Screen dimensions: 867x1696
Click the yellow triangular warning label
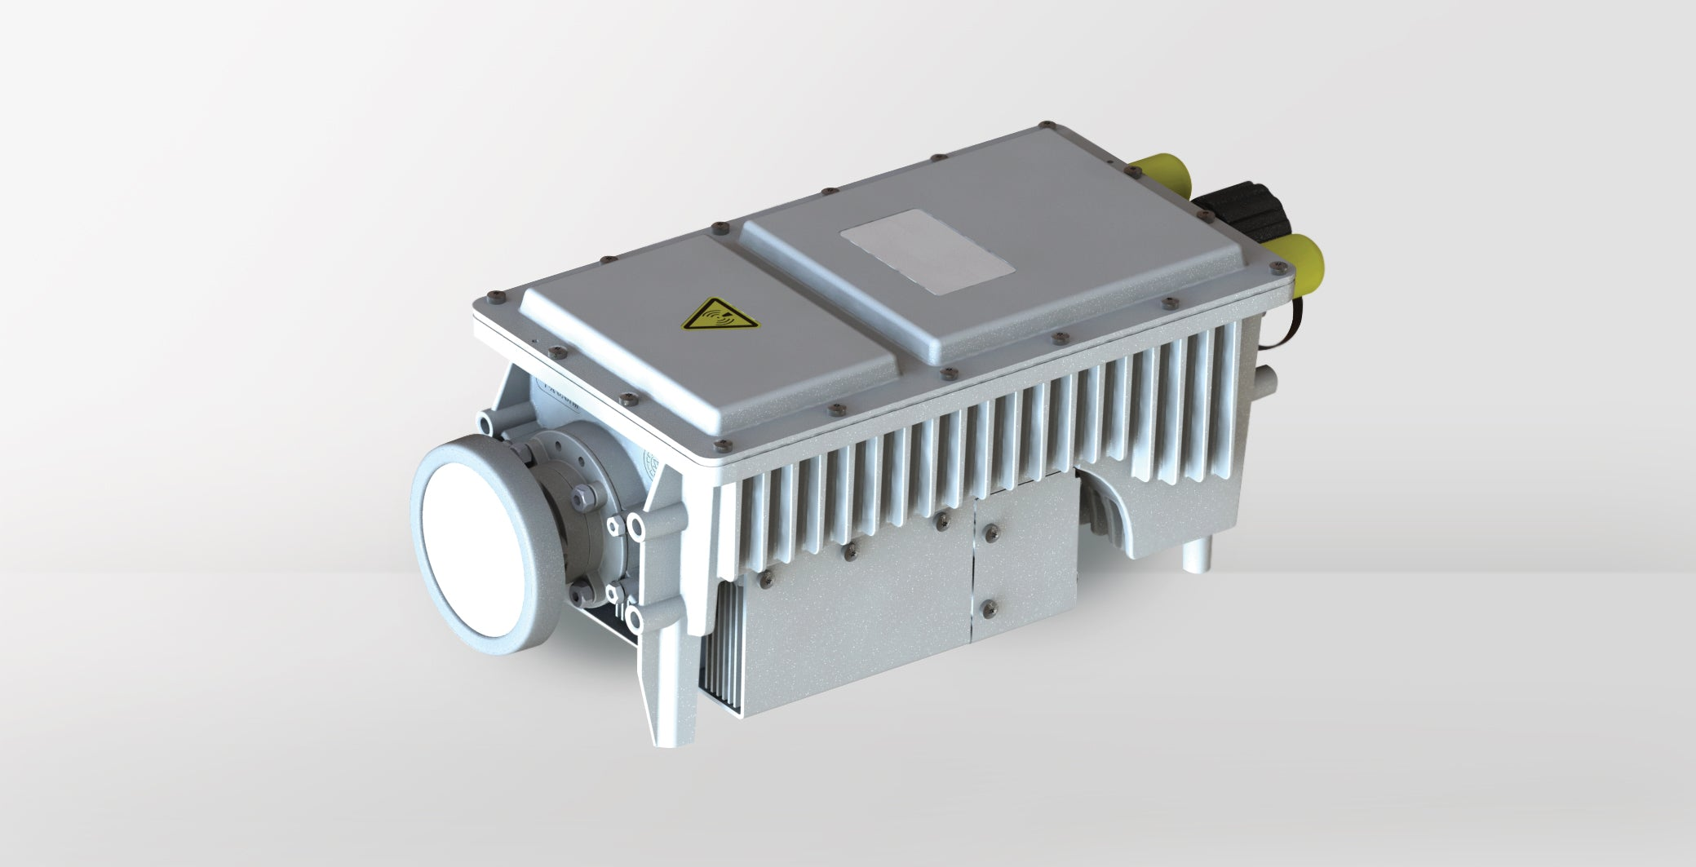pyautogui.click(x=719, y=313)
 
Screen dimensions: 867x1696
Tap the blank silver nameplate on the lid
pyautogui.click(x=928, y=250)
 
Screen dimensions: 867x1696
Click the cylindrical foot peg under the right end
pyautogui.click(x=1196, y=556)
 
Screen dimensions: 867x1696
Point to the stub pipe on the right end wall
pyautogui.click(x=1267, y=379)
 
